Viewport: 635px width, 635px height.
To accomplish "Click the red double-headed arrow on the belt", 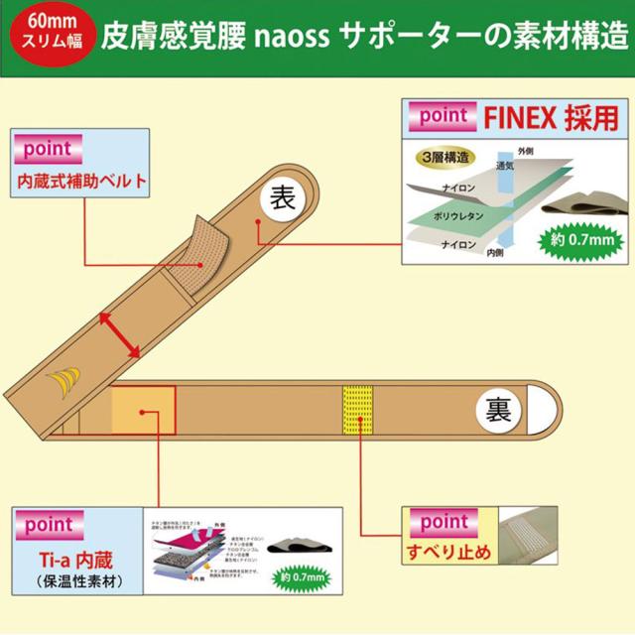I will click(x=118, y=331).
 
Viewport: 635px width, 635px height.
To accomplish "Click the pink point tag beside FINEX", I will click(x=444, y=116).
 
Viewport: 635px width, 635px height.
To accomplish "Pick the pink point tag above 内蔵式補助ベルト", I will click(x=46, y=151).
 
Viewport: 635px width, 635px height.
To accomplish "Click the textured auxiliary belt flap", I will click(x=201, y=247).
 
